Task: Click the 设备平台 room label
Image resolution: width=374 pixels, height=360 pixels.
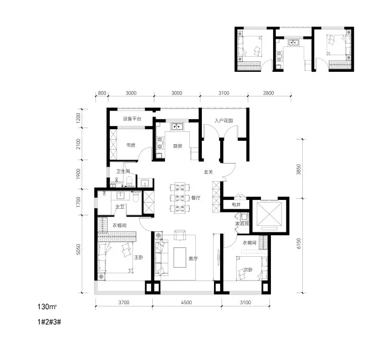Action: [132, 119]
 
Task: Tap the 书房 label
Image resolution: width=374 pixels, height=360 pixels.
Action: [131, 145]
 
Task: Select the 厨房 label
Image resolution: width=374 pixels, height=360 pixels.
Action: [178, 146]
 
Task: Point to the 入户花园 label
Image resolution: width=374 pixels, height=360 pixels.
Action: [223, 120]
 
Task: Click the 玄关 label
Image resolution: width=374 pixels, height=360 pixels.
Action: [208, 172]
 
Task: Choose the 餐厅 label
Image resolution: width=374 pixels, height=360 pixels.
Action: [196, 198]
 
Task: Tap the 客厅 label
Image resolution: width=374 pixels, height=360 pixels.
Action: [193, 258]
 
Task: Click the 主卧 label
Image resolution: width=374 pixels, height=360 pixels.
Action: [138, 257]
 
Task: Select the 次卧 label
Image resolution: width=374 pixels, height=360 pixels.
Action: [248, 269]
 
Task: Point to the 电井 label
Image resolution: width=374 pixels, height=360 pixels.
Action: [236, 205]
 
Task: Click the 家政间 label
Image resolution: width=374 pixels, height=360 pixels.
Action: [242, 224]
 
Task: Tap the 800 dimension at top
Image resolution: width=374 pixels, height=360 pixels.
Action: [102, 93]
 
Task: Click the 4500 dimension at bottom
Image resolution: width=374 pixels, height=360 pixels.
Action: [186, 303]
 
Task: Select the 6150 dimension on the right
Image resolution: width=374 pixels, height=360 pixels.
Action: [299, 243]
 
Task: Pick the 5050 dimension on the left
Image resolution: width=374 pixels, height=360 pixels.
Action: [78, 249]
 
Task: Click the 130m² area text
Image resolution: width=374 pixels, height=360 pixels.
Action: [47, 307]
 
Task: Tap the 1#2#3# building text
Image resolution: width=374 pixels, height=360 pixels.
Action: [49, 322]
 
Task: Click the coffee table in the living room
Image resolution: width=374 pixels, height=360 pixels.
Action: [180, 257]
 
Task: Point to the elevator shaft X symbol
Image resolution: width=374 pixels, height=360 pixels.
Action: [269, 214]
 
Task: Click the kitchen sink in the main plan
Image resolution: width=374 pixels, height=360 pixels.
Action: [177, 126]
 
